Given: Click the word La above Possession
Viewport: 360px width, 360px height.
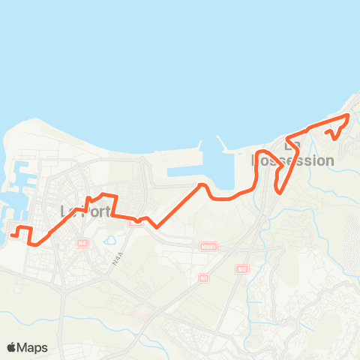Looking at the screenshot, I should click(x=292, y=145).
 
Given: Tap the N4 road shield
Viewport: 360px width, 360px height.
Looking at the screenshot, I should click(x=82, y=242).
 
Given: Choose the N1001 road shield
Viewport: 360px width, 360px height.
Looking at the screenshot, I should click(x=207, y=246).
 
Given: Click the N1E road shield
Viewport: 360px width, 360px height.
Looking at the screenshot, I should click(x=241, y=268).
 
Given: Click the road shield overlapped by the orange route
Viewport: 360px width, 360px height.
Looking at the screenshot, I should click(x=135, y=221).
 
